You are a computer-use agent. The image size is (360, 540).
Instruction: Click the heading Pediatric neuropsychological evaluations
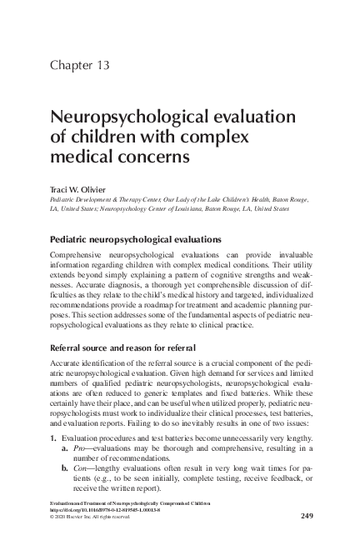[136, 239]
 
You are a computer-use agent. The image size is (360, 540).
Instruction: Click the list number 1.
[54, 438]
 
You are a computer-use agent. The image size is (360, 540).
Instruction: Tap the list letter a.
[65, 449]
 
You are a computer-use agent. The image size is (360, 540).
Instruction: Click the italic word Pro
[82, 449]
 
